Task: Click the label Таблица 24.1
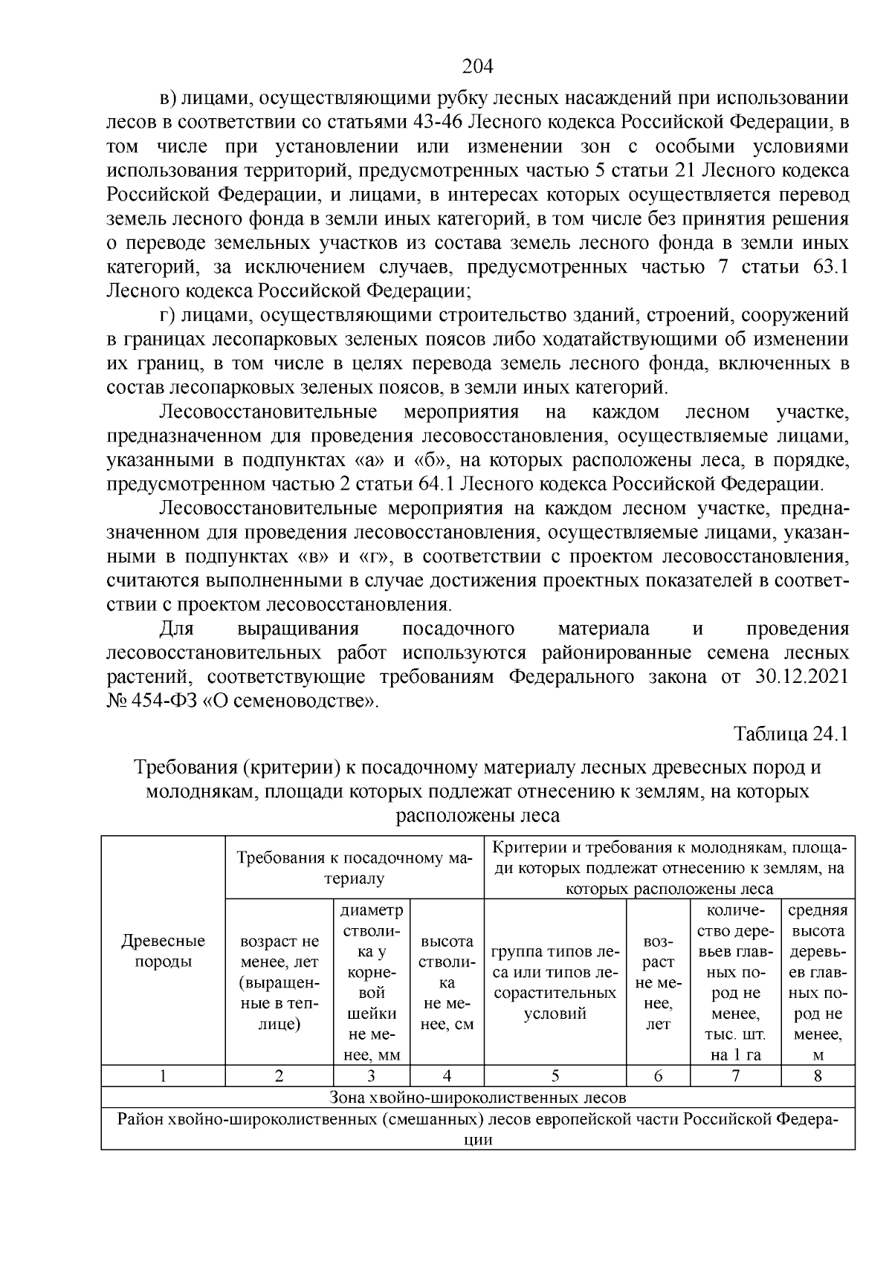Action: pyautogui.click(x=791, y=733)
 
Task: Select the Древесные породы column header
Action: pyautogui.click(x=163, y=950)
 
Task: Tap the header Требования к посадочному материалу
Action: pyautogui.click(x=355, y=868)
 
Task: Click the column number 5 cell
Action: pyautogui.click(x=555, y=1075)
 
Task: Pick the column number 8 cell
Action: pyautogui.click(x=818, y=1075)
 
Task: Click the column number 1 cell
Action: pyautogui.click(x=163, y=1075)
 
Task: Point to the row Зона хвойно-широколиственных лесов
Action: pyautogui.click(x=478, y=1097)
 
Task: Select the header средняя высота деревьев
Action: pyautogui.click(x=818, y=982)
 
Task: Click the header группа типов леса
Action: pyautogui.click(x=555, y=982)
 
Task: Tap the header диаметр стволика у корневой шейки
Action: pyautogui.click(x=371, y=982)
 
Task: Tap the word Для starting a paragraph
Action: pyautogui.click(x=177, y=629)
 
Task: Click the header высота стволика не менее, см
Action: pyautogui.click(x=447, y=982)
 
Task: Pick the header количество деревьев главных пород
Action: pyautogui.click(x=735, y=982)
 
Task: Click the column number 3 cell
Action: pyautogui.click(x=371, y=1075)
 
